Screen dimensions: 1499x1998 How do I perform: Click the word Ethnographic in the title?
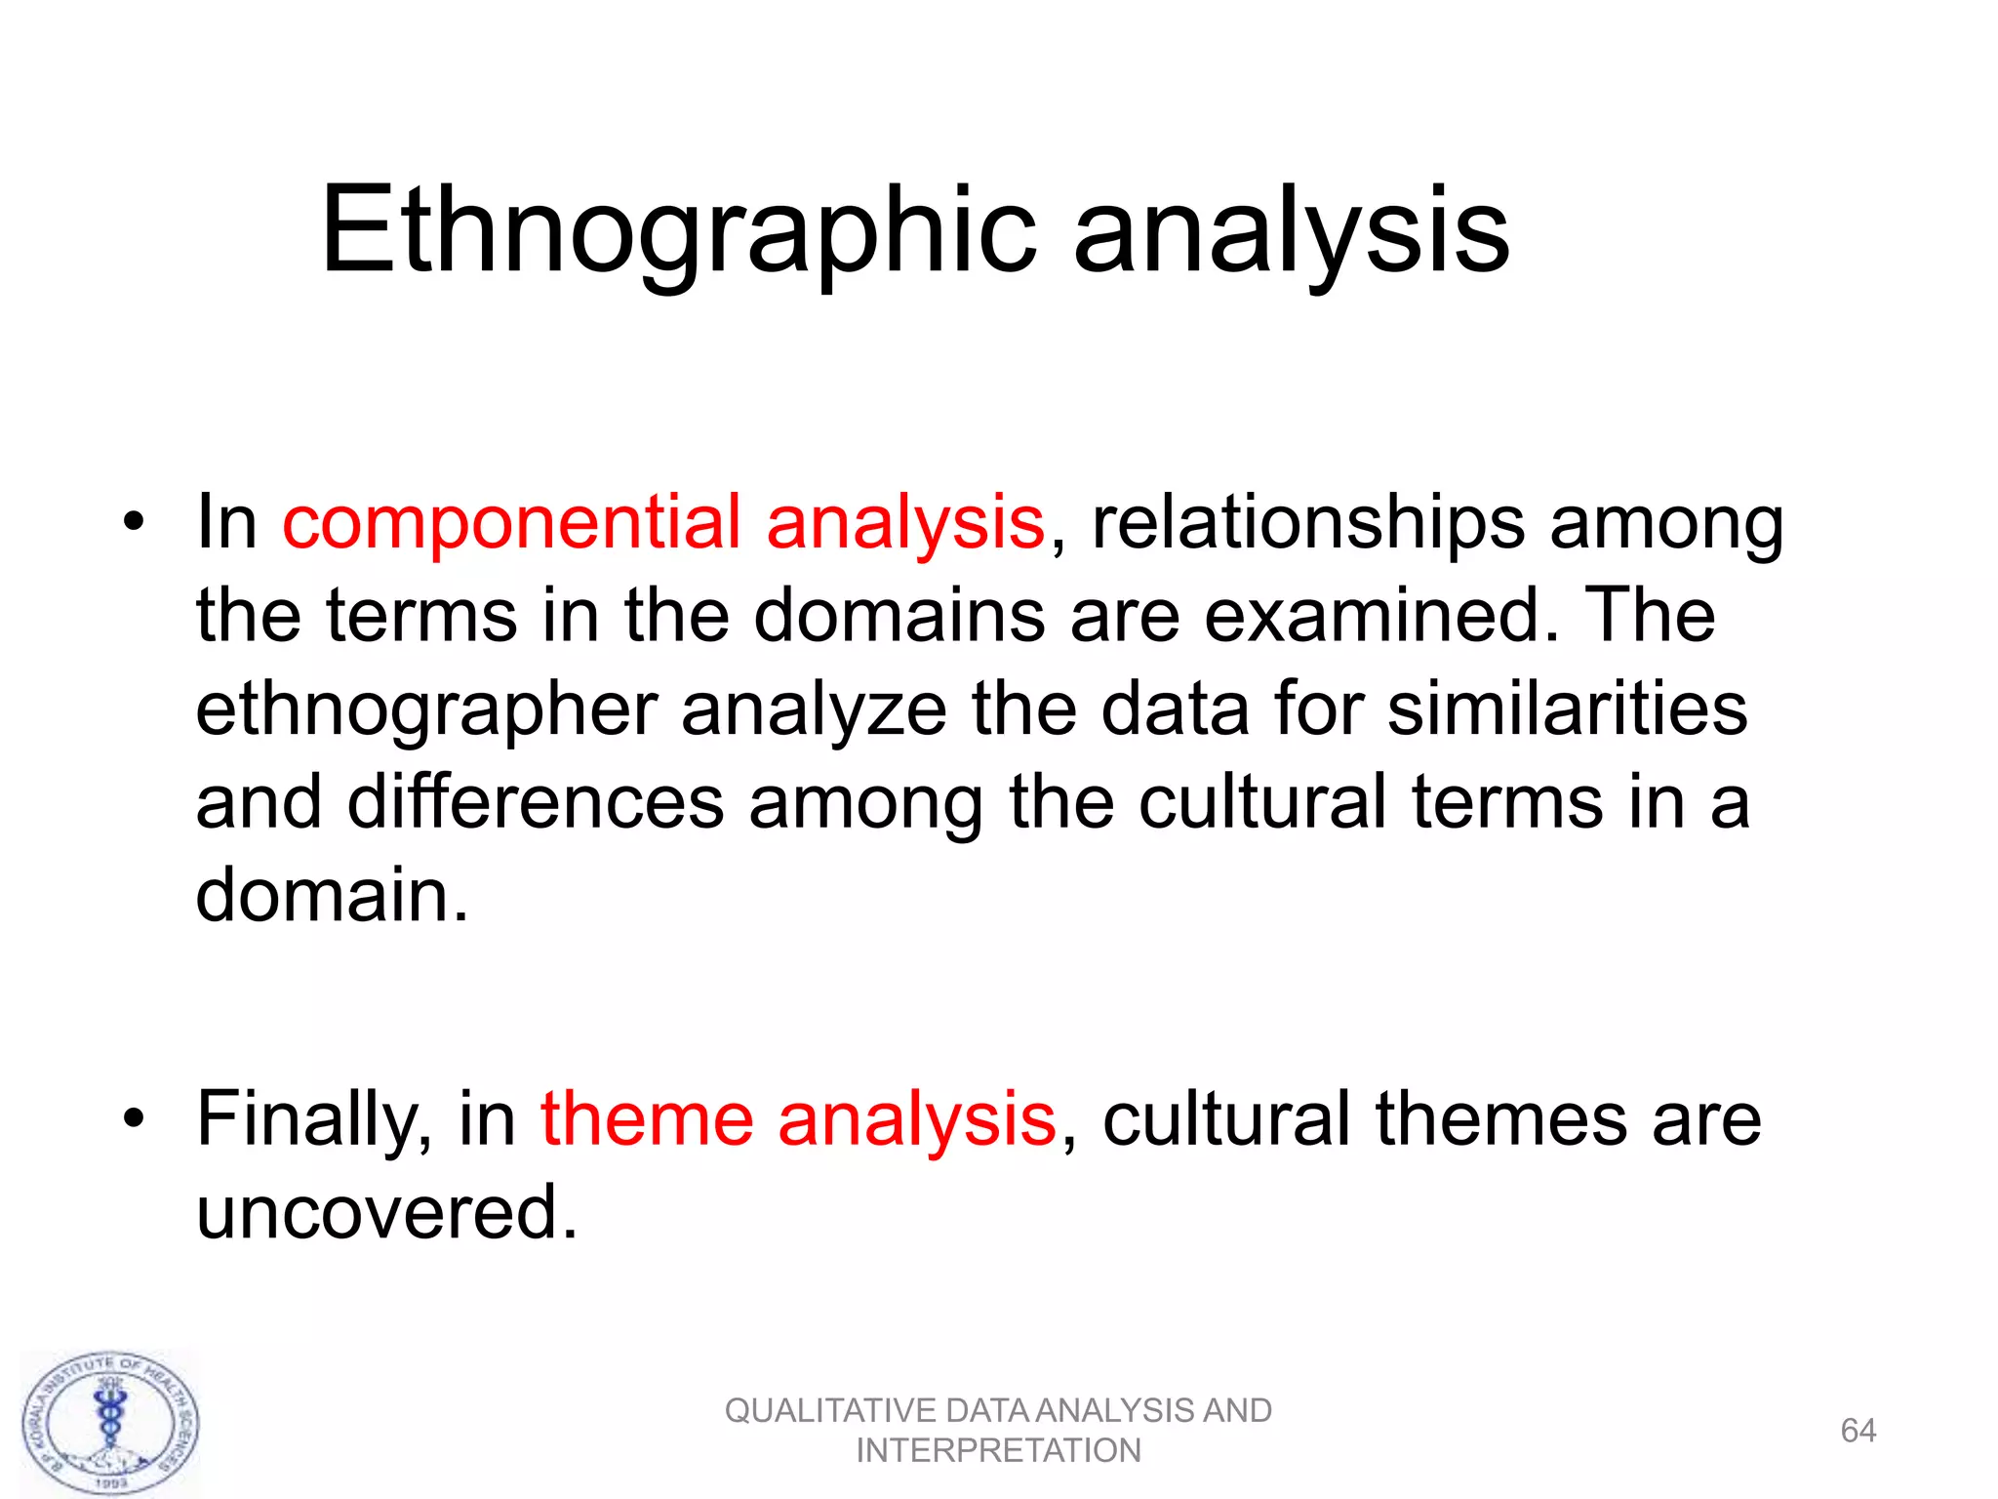pos(678,232)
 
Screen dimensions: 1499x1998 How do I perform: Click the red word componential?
pos(511,522)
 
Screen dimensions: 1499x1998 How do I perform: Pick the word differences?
pos(536,801)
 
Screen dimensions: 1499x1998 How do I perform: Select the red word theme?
pos(647,1118)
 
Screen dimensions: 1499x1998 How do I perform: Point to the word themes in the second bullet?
pos(1500,1118)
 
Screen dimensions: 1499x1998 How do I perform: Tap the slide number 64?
pos(1858,1431)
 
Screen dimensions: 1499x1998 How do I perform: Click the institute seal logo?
pos(111,1423)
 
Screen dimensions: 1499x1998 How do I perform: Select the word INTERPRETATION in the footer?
pos(998,1451)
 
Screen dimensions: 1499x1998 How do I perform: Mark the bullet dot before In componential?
pos(134,521)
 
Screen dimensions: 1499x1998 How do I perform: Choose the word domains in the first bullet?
pos(899,616)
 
